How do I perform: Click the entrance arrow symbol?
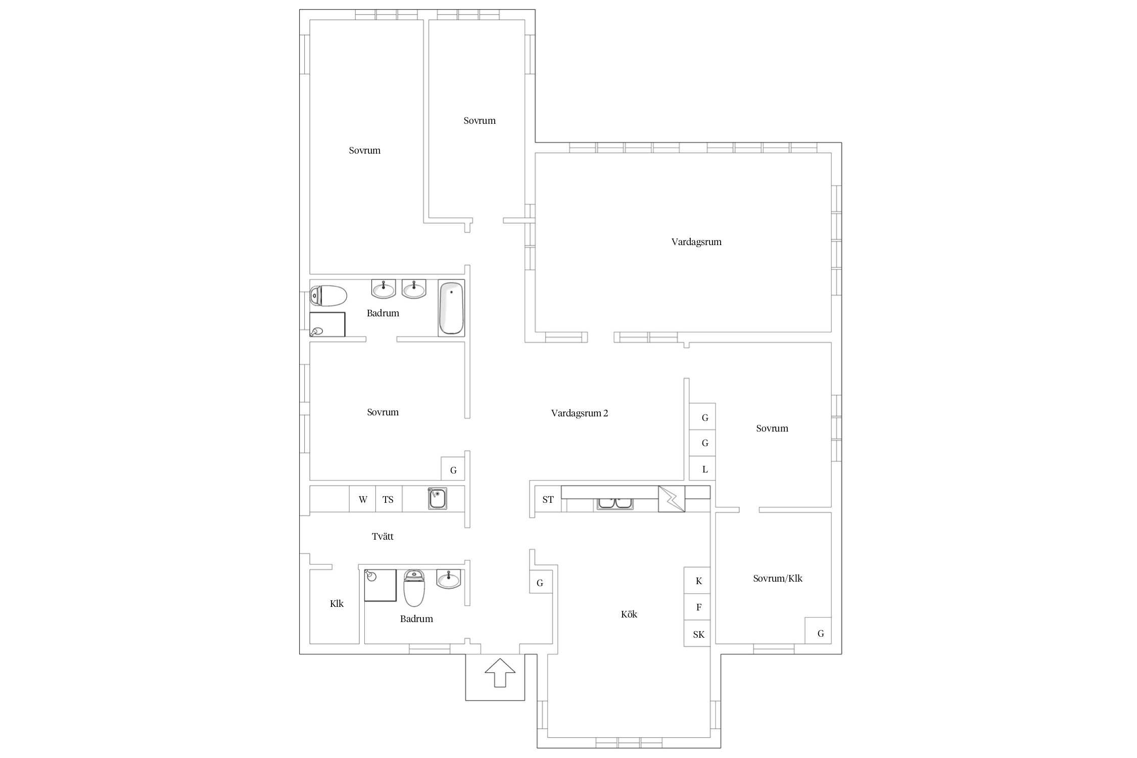pyautogui.click(x=500, y=673)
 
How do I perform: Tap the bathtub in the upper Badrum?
pyautogui.click(x=451, y=307)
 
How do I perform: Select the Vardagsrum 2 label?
pyautogui.click(x=580, y=413)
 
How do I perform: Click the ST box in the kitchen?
pyautogui.click(x=548, y=499)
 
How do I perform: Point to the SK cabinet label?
pyautogui.click(x=698, y=634)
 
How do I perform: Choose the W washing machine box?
pyautogui.click(x=363, y=499)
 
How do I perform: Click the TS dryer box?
pyautogui.click(x=389, y=499)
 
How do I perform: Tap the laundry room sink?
pyautogui.click(x=437, y=498)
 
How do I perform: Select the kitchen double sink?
pyautogui.click(x=615, y=503)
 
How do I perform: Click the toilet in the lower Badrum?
pyautogui.click(x=414, y=588)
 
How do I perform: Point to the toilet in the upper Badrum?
pyautogui.click(x=328, y=296)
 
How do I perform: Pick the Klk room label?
pyautogui.click(x=337, y=603)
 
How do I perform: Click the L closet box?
pyautogui.click(x=703, y=469)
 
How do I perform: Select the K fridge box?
pyautogui.click(x=698, y=581)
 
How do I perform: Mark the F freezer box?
pyautogui.click(x=698, y=607)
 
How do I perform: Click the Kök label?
pyautogui.click(x=629, y=614)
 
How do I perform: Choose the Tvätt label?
pyautogui.click(x=383, y=536)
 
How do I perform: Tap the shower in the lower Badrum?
pyautogui.click(x=380, y=585)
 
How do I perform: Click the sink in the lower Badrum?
pyautogui.click(x=449, y=579)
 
